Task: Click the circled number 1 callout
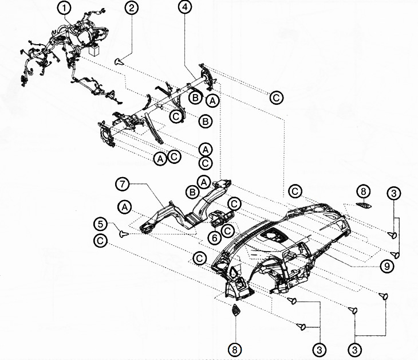[64, 8]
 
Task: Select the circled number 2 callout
[132, 8]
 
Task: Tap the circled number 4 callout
[185, 7]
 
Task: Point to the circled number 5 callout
[101, 224]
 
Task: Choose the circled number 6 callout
[215, 237]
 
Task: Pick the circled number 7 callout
[123, 184]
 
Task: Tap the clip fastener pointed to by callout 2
[119, 62]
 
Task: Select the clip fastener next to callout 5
[124, 234]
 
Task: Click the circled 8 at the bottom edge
[235, 349]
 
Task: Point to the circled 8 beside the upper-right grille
[364, 191]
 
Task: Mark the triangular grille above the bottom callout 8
[236, 310]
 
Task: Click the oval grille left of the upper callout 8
[364, 205]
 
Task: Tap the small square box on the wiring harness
[94, 50]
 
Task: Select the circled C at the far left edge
[101, 241]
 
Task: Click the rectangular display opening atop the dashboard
[274, 236]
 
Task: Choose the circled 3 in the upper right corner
[394, 193]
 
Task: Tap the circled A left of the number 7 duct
[124, 208]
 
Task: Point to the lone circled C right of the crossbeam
[276, 97]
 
